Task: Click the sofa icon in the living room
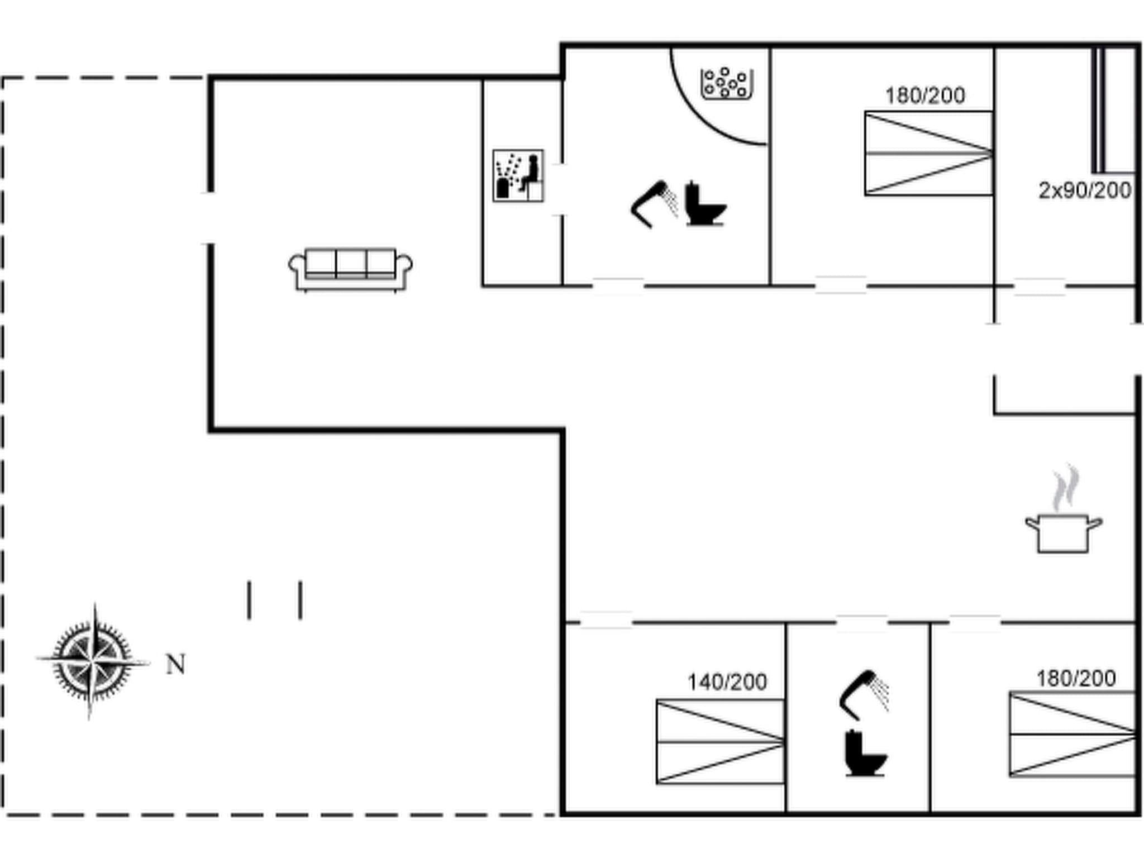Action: (350, 270)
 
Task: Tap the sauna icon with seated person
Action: (518, 175)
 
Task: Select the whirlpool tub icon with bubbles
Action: (727, 84)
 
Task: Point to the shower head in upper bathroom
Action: (654, 204)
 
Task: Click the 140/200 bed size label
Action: (727, 682)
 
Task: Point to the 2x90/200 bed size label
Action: (1084, 191)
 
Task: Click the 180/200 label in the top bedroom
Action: (925, 96)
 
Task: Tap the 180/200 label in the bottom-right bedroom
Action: (1076, 678)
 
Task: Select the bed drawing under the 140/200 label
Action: (720, 741)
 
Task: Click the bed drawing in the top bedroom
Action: (928, 153)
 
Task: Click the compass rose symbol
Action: (92, 661)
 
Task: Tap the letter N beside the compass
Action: (176, 665)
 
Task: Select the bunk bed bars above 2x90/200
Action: (1098, 111)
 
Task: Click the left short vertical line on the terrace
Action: (249, 600)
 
